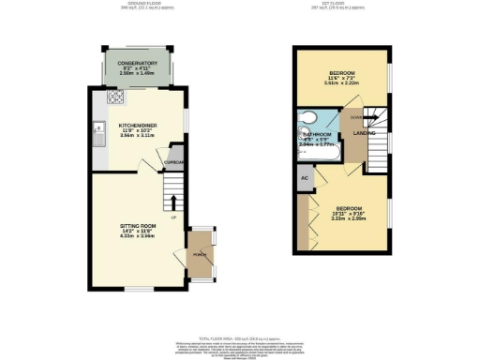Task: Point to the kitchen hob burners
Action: coord(117,96)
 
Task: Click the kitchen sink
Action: coord(97,142)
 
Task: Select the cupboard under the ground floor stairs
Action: coord(173,161)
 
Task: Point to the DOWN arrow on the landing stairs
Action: coord(356,117)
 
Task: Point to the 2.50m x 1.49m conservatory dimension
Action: coord(137,70)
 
